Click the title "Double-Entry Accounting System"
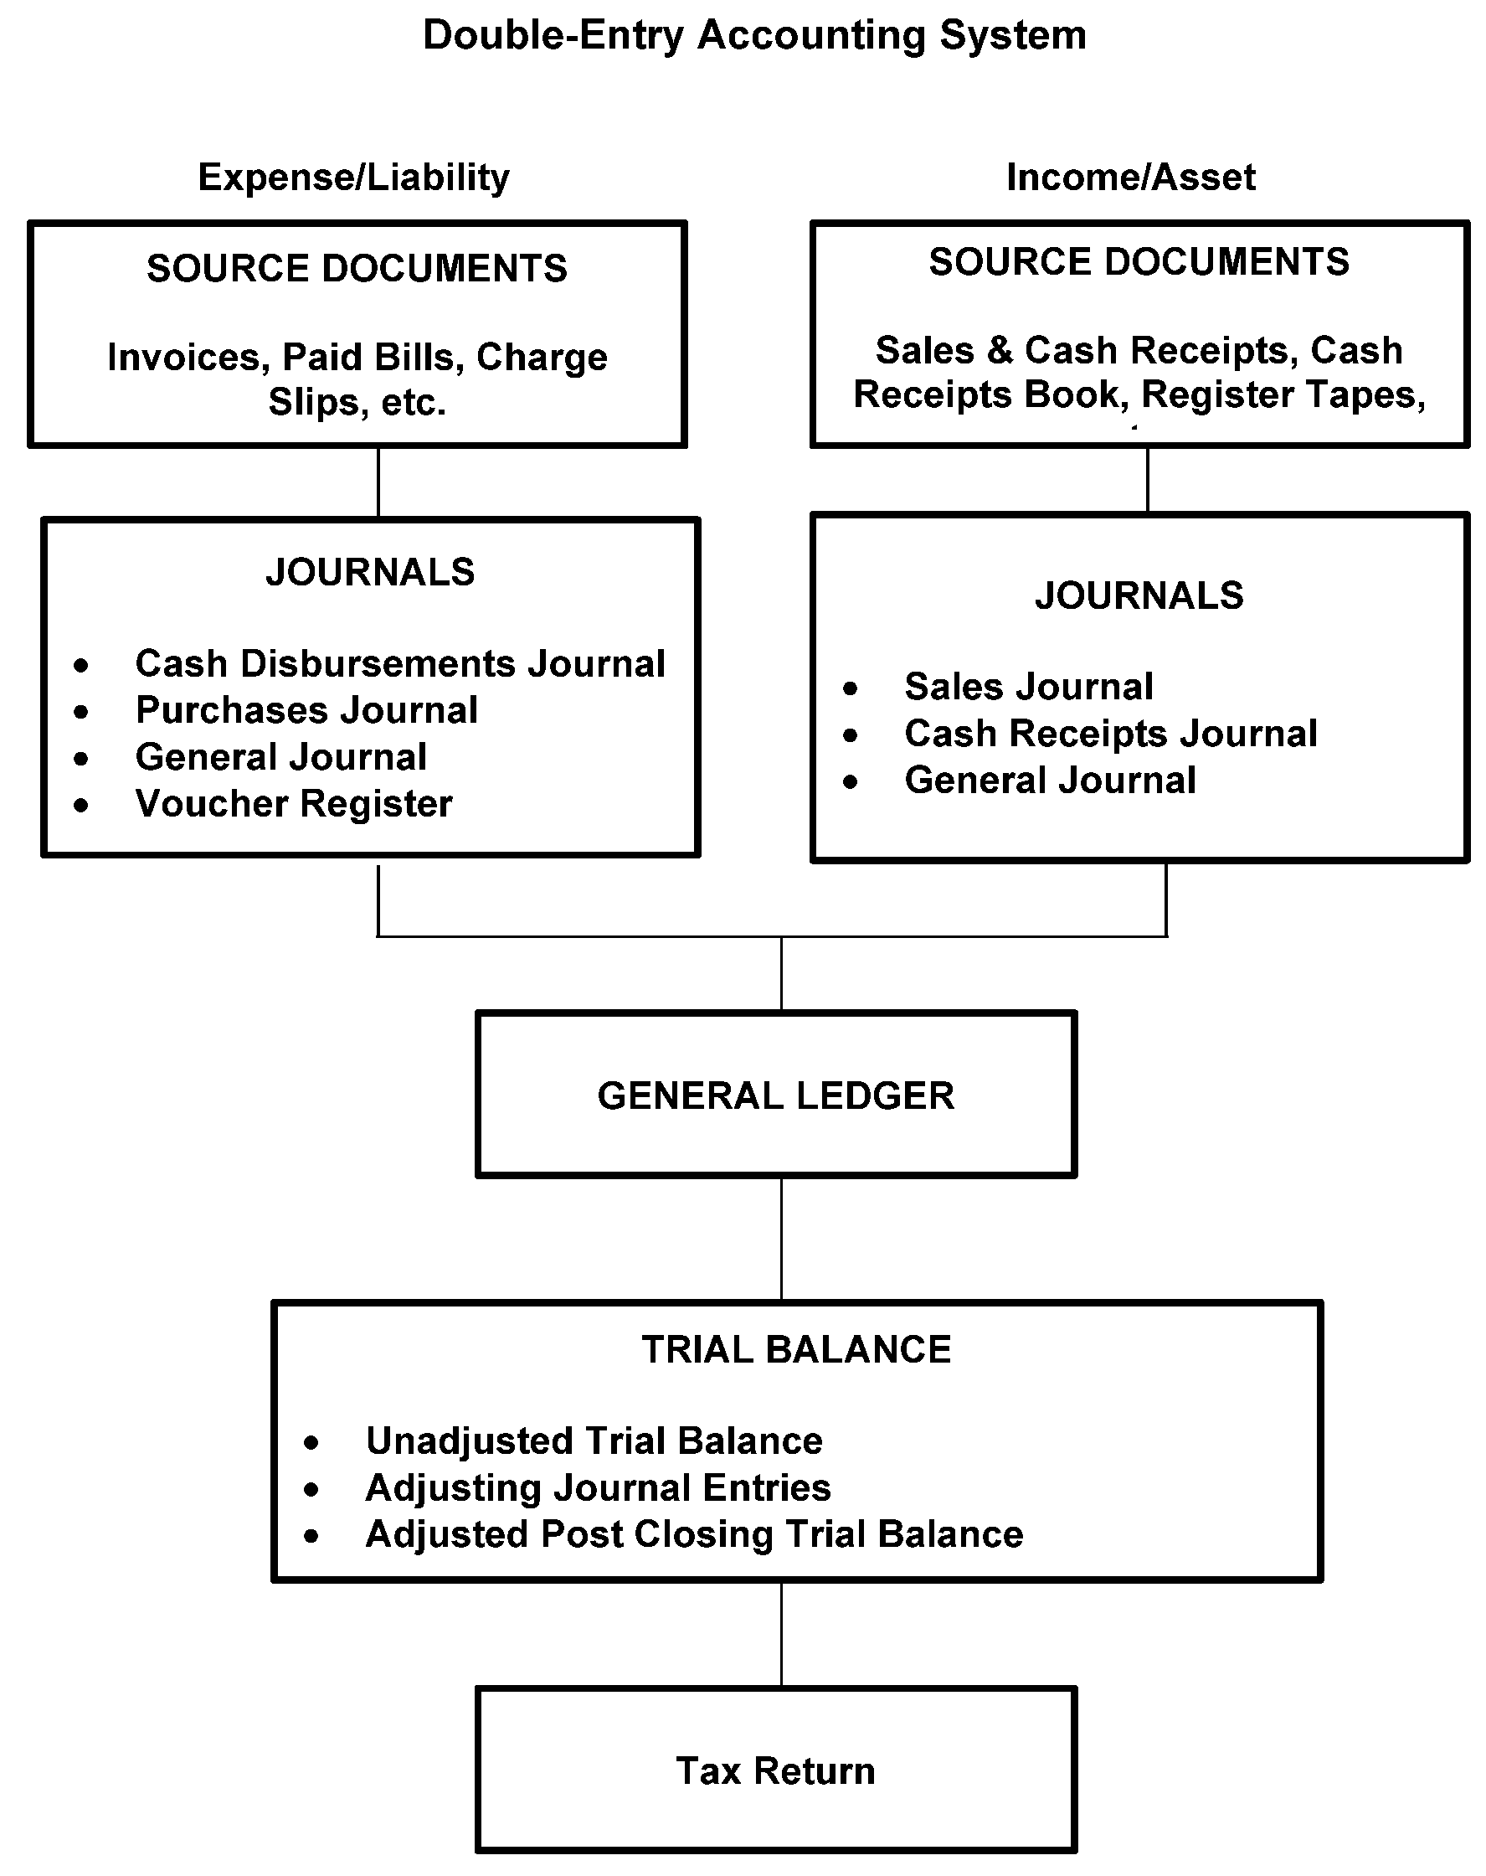click(754, 36)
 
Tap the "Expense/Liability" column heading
click(353, 178)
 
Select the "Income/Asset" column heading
click(1130, 178)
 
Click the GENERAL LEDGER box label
click(775, 1095)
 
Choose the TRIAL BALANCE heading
click(796, 1349)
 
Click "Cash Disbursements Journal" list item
click(400, 664)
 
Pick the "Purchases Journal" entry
click(306, 711)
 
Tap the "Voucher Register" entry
click(294, 804)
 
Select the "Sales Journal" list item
click(1028, 688)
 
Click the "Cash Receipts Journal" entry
click(1110, 734)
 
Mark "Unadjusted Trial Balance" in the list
click(594, 1441)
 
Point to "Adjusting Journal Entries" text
click(598, 1488)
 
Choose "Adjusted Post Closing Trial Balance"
click(694, 1535)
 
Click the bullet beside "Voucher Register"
click(81, 806)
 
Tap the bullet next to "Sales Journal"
click(850, 689)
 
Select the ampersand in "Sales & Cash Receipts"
click(999, 351)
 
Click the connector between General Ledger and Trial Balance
click(781, 1239)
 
